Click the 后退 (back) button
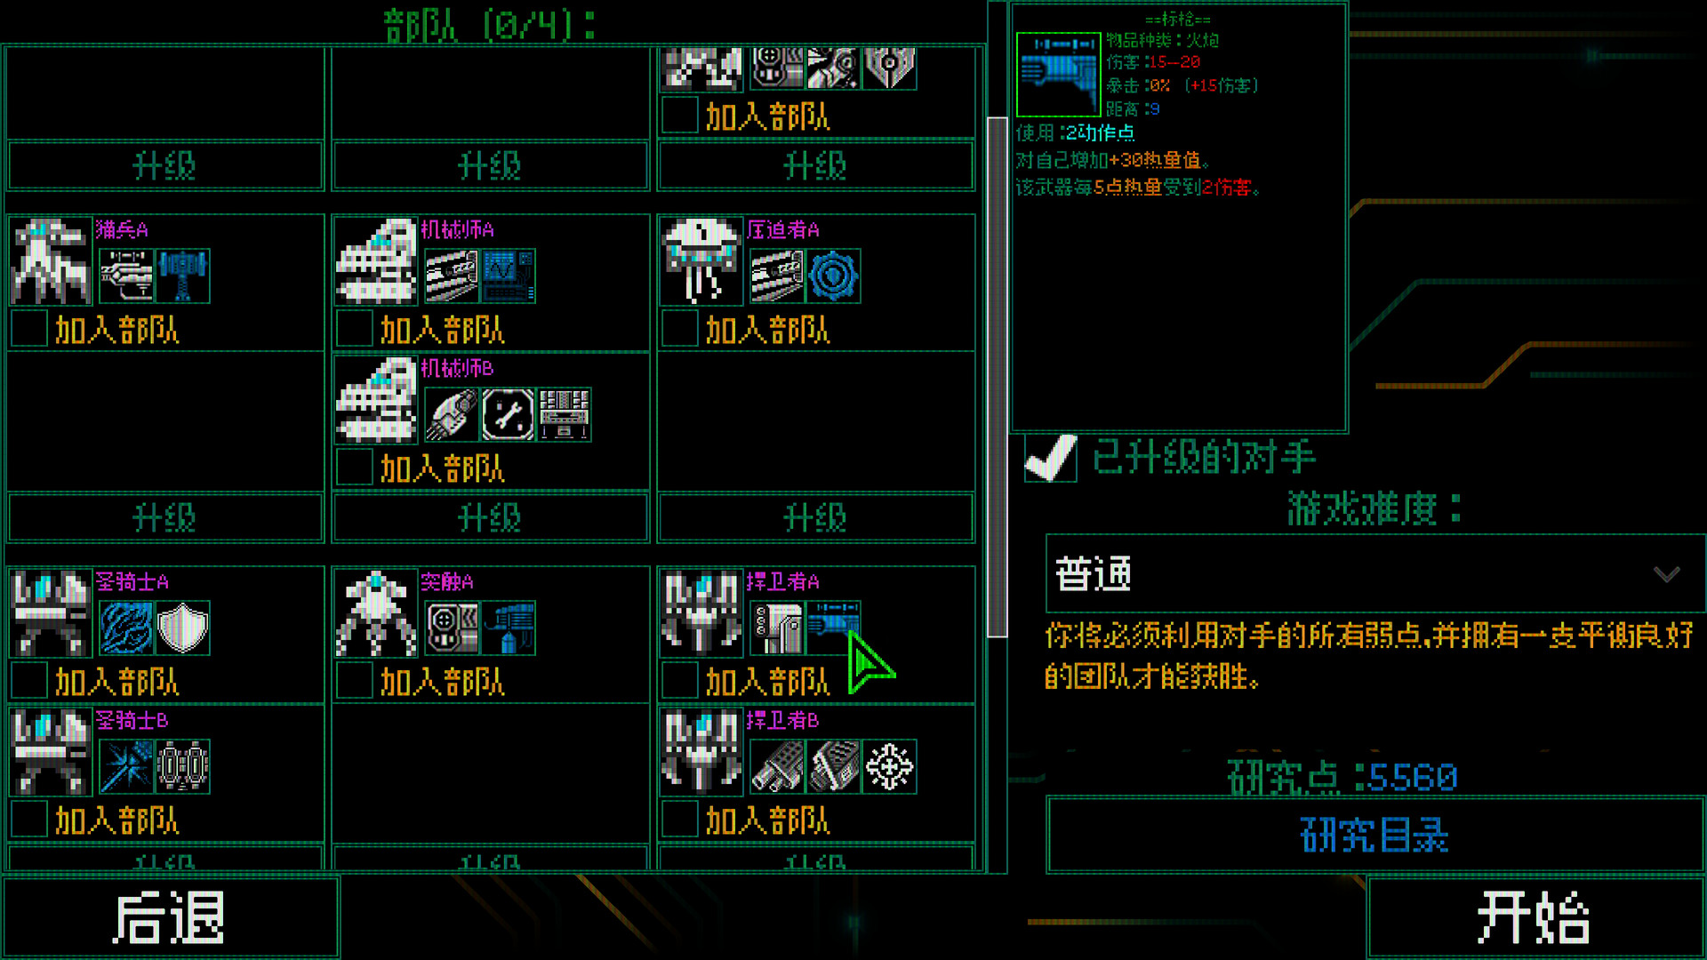point(169,917)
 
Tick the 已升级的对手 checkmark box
point(1050,458)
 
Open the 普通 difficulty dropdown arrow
point(1666,574)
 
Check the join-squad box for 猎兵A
point(29,330)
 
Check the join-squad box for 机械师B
point(355,468)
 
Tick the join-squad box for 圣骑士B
point(29,820)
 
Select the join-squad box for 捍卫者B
point(680,820)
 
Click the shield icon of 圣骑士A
point(182,628)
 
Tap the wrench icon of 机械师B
point(508,414)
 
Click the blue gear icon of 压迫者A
point(833,276)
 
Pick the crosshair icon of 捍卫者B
point(889,766)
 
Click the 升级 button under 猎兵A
point(164,517)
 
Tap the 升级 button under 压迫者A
point(815,517)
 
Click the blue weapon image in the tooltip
point(1058,75)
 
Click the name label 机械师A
point(457,229)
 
